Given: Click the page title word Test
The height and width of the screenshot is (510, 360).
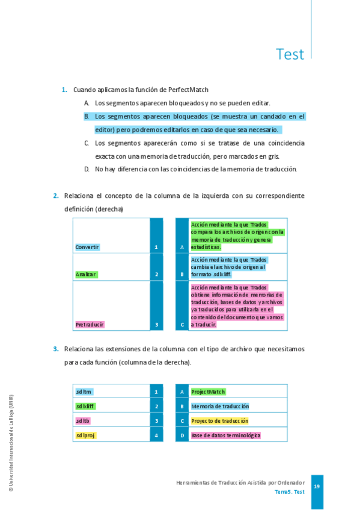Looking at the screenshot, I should pyautogui.click(x=290, y=54).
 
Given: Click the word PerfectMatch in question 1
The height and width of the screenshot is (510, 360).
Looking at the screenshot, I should pyautogui.click(x=188, y=90).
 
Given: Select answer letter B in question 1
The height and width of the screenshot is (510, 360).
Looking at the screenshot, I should pyautogui.click(x=87, y=116).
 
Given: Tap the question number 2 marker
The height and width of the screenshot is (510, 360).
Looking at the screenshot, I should pyautogui.click(x=55, y=195).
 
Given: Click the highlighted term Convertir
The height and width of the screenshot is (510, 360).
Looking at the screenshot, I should pyautogui.click(x=87, y=247).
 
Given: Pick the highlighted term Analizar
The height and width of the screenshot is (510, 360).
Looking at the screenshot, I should pyautogui.click(x=86, y=274).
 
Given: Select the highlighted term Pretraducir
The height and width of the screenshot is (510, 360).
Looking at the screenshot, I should pyautogui.click(x=90, y=324).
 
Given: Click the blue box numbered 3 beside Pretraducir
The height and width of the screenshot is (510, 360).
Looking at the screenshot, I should pyautogui.click(x=156, y=325).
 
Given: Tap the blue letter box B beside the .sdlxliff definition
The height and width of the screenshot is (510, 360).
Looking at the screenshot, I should pyautogui.click(x=182, y=274).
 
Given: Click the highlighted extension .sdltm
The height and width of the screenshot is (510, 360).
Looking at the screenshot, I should pyautogui.click(x=84, y=392).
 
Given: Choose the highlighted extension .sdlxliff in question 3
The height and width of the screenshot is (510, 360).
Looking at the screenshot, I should pyautogui.click(x=85, y=406).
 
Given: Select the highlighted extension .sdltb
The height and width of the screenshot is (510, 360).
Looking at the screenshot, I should pyautogui.click(x=83, y=420).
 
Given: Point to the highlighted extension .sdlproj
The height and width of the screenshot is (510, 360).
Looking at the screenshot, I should pyautogui.click(x=85, y=435).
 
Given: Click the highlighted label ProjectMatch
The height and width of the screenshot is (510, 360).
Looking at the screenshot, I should pyautogui.click(x=208, y=392).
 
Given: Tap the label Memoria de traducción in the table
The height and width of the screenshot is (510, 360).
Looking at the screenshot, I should pyautogui.click(x=220, y=406).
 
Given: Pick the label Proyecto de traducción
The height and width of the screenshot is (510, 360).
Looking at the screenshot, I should pyautogui.click(x=219, y=420).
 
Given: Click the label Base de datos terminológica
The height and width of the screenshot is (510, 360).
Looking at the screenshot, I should pyautogui.click(x=225, y=435).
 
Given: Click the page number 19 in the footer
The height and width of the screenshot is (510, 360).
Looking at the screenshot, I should pyautogui.click(x=317, y=486).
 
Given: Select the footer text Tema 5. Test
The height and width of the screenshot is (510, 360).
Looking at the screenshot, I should pyautogui.click(x=289, y=492).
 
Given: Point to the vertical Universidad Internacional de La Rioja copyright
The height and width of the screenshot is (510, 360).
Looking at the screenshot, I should pyautogui.click(x=11, y=443).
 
